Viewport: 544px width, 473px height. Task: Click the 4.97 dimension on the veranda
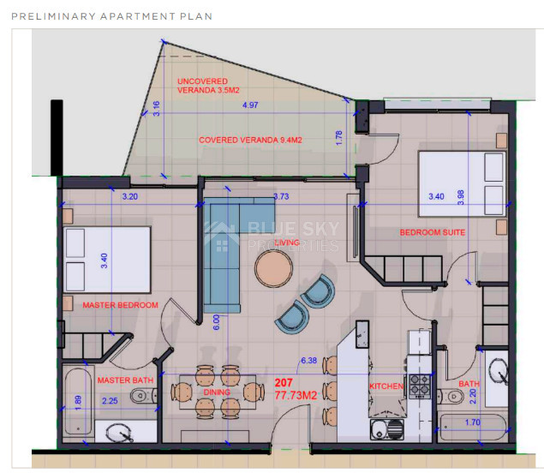tap(250, 105)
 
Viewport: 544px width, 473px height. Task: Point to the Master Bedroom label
tap(120, 305)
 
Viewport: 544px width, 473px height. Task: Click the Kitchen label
tap(386, 386)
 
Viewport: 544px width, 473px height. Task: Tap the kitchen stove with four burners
tap(419, 386)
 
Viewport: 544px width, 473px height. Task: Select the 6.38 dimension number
tap(308, 361)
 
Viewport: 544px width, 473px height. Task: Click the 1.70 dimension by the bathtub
tap(473, 422)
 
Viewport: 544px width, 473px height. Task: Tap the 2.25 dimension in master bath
tap(111, 399)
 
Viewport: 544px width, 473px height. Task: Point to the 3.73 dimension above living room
tap(280, 196)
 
